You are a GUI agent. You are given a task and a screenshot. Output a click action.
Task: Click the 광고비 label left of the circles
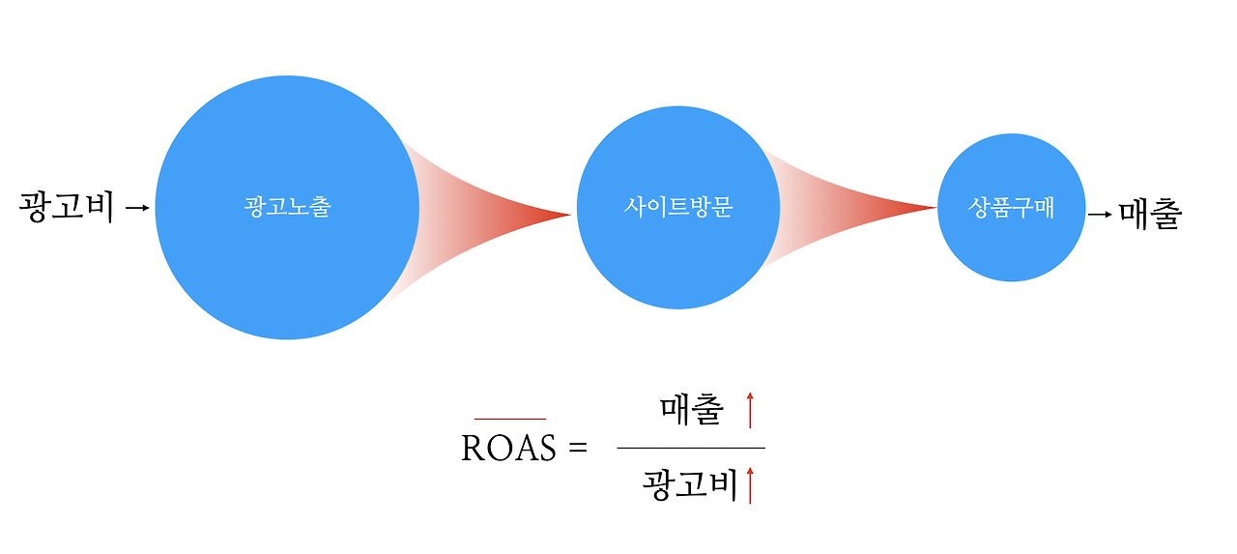tap(67, 207)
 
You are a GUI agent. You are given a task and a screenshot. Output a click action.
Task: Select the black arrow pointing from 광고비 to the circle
tap(138, 207)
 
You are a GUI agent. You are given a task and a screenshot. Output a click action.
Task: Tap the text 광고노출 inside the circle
tap(287, 207)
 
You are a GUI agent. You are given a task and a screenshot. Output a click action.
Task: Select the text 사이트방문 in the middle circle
tap(677, 207)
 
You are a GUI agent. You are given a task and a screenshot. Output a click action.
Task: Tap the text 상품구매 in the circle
tap(1011, 207)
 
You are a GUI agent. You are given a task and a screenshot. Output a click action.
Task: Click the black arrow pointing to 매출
tap(1100, 213)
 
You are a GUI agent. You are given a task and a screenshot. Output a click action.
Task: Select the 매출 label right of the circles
tap(1150, 213)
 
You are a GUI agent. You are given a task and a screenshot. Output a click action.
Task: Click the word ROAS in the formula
tap(508, 449)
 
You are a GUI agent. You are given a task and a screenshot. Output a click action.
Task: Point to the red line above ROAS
tap(510, 419)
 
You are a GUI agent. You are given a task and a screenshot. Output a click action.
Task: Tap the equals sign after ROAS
tap(578, 449)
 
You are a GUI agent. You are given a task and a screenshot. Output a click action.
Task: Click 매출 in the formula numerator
tap(691, 411)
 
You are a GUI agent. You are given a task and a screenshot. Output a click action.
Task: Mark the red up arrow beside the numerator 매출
tap(749, 411)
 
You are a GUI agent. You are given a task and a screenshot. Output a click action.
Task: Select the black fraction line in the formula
tap(690, 448)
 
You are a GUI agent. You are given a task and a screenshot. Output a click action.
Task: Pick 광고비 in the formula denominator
tap(690, 484)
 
